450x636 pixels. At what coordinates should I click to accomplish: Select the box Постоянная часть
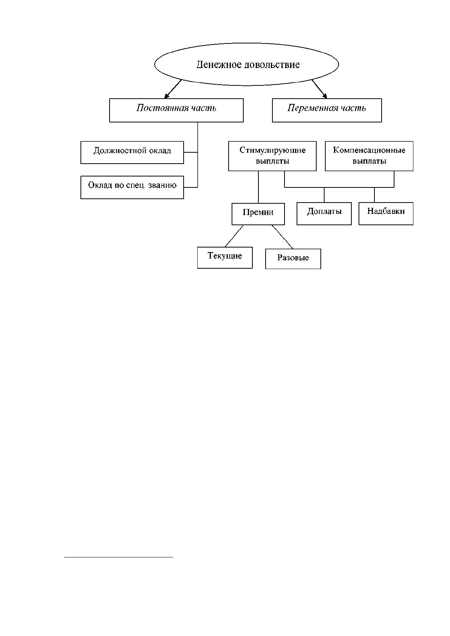pos(176,110)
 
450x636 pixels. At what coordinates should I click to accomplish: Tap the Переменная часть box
pos(327,110)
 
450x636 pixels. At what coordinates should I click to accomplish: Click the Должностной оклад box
pos(132,152)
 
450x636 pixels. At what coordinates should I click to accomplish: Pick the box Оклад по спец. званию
pos(132,187)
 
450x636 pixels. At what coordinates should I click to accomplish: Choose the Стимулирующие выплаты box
pos(272,156)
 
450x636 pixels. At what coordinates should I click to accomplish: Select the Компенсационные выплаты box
pos(369,156)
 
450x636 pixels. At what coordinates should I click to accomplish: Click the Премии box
pos(258,214)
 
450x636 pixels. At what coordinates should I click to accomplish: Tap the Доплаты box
pos(324,214)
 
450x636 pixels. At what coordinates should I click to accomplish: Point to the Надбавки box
pos(386,214)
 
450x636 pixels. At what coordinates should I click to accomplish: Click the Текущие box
pos(225,257)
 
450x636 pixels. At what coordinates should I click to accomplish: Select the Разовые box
pos(293,259)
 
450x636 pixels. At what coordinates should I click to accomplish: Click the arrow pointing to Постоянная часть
pos(173,89)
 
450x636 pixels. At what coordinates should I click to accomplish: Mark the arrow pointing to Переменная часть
pos(319,89)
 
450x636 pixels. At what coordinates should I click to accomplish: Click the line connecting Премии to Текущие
pos(234,236)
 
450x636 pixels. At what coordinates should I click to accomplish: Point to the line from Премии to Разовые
pos(282,237)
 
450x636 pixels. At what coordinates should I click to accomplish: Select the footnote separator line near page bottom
pos(119,557)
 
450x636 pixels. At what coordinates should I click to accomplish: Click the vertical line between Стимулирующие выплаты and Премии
pos(258,187)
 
